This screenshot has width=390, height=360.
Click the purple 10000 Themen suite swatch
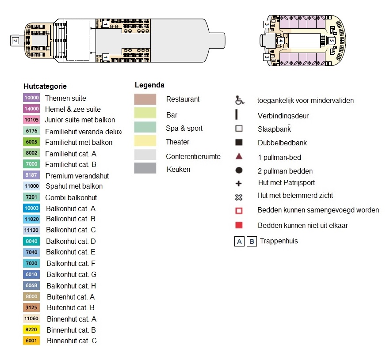(x=31, y=98)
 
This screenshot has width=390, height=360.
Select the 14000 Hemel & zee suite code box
(x=31, y=109)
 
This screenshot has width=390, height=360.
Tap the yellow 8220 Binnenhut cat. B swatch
(x=31, y=330)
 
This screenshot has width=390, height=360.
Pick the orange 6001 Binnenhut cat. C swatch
(x=31, y=341)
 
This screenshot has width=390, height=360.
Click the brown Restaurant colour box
(x=145, y=99)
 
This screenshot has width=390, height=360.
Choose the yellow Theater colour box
(x=145, y=141)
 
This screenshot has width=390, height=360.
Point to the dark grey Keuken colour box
(x=145, y=168)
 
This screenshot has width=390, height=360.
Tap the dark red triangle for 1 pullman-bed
(x=239, y=156)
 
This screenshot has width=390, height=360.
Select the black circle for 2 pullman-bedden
(x=239, y=170)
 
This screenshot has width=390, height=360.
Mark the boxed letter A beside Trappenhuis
(x=239, y=242)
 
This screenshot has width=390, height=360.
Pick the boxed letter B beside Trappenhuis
(x=252, y=242)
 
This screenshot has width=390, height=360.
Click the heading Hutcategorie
(x=45, y=86)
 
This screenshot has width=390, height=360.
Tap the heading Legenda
(x=149, y=85)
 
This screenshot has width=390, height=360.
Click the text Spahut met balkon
(x=74, y=186)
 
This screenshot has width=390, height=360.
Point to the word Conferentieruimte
(x=193, y=156)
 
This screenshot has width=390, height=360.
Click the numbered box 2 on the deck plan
(x=15, y=41)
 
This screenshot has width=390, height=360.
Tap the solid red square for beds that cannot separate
(x=239, y=225)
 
